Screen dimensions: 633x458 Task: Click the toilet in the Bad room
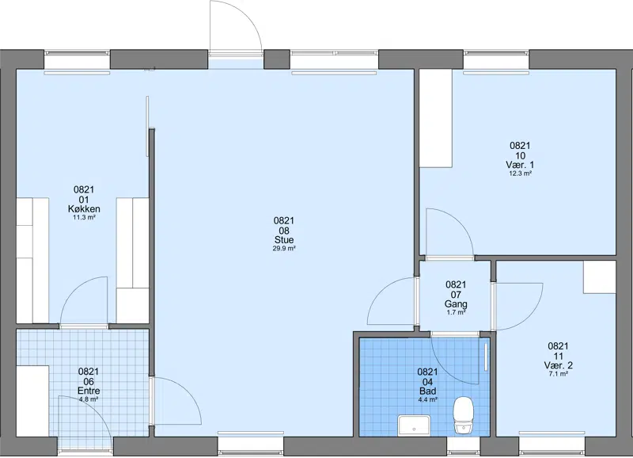[463, 415]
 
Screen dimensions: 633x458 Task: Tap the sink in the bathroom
[414, 426]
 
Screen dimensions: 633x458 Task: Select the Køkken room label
[84, 209]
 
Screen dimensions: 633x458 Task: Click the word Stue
[284, 240]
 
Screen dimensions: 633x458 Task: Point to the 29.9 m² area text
[284, 249]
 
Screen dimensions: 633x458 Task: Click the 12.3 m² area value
[520, 174]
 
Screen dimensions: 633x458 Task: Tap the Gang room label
[456, 304]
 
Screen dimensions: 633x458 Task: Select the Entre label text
[89, 391]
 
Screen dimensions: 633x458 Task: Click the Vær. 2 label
[558, 365]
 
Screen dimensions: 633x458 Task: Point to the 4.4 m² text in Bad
[427, 400]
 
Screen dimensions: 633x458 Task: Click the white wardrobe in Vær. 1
[436, 118]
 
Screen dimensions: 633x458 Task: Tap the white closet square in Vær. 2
[600, 277]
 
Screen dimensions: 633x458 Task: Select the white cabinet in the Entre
[32, 401]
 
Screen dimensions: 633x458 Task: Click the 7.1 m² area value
[559, 374]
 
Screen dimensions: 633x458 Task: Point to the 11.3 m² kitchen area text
[84, 217]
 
